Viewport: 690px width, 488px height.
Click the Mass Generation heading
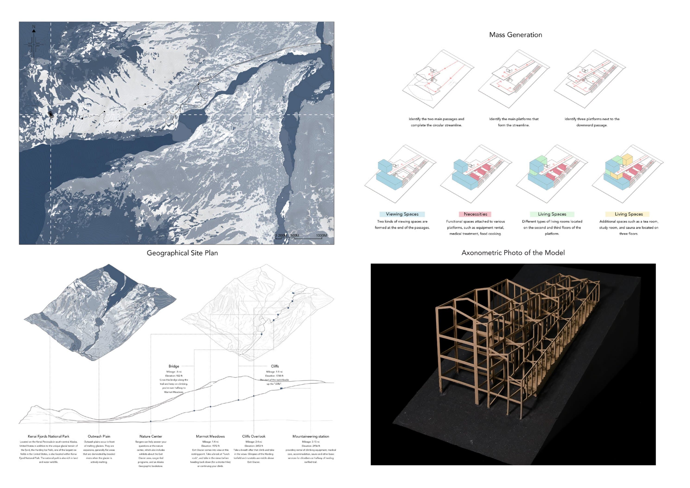[515, 35]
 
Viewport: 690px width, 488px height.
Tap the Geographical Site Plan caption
[182, 253]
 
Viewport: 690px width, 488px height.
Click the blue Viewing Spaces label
[402, 214]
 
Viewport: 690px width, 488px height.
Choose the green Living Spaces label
[552, 214]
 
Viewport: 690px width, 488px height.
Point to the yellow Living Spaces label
[628, 214]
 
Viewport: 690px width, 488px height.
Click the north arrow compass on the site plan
[34, 42]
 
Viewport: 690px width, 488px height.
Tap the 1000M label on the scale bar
[321, 236]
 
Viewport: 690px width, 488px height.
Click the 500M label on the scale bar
[295, 236]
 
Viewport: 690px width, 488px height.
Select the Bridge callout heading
[174, 366]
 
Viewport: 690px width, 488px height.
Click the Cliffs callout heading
[275, 366]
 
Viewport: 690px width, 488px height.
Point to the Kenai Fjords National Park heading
[48, 436]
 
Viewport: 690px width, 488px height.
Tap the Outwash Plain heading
[99, 436]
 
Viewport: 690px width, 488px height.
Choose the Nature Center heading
[151, 436]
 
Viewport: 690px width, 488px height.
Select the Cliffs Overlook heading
[254, 436]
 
